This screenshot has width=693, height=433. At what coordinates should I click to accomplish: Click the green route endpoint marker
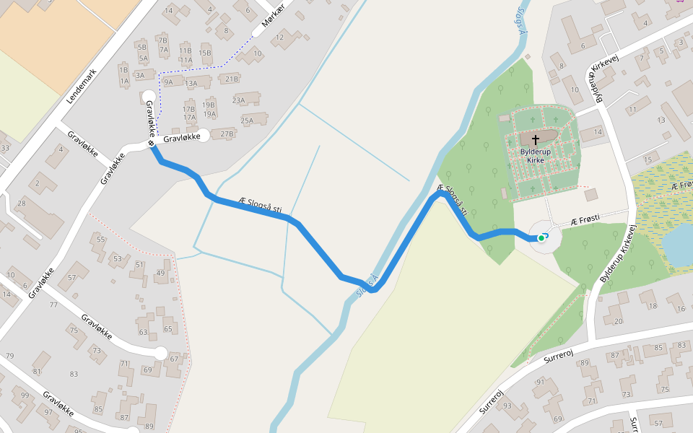coord(541,237)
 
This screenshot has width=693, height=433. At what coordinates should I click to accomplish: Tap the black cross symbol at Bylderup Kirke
coord(536,139)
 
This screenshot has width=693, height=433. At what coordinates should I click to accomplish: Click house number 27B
coord(227,134)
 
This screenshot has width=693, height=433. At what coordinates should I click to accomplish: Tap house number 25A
coord(248,121)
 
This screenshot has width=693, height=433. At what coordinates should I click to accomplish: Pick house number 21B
coord(232,79)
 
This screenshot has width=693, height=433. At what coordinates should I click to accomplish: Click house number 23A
coord(238,101)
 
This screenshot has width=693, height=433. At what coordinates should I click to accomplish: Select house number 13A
coord(191,83)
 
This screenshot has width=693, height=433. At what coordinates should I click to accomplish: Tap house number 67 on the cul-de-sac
coord(173,359)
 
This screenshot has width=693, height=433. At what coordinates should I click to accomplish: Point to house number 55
coord(100,239)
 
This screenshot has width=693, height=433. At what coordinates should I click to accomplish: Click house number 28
coord(22,203)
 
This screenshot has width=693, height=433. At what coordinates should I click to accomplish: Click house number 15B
coord(205,53)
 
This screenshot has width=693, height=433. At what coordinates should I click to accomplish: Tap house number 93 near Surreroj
coord(507,406)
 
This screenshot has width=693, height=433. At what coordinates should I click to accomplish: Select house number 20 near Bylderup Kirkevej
coord(617,320)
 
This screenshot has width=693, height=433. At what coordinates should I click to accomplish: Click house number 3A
coord(141,74)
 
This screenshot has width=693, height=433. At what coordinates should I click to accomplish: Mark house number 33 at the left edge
coord(5,149)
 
